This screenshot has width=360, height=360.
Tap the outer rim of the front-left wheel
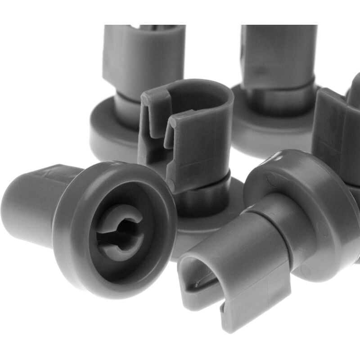[x=67, y=234]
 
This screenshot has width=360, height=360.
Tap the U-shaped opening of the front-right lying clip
[x=202, y=274]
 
